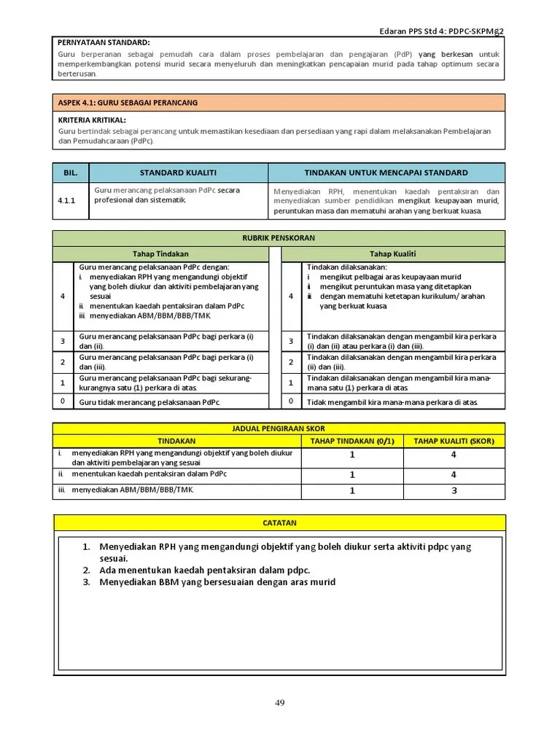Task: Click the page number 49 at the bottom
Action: click(279, 702)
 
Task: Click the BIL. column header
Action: click(70, 173)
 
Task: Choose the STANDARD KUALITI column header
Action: click(178, 173)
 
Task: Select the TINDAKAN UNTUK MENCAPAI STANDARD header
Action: click(386, 173)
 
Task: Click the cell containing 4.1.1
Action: click(70, 201)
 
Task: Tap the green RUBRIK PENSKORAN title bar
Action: click(279, 238)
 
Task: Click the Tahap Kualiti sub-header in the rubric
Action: click(392, 254)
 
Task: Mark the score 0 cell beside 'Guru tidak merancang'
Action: click(63, 401)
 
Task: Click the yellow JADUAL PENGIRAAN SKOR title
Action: click(279, 428)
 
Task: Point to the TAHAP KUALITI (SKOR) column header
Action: click(453, 441)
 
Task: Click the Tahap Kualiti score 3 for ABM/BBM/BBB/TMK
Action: click(453, 490)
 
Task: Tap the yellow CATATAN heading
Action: click(279, 522)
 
